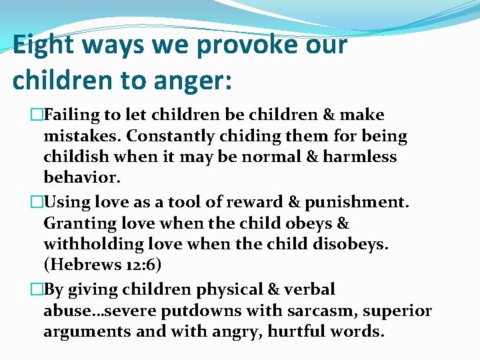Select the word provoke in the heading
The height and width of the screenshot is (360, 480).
pos(242,46)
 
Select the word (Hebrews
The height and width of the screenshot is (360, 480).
pos(81,265)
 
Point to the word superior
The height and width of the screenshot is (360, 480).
pos(399,311)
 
